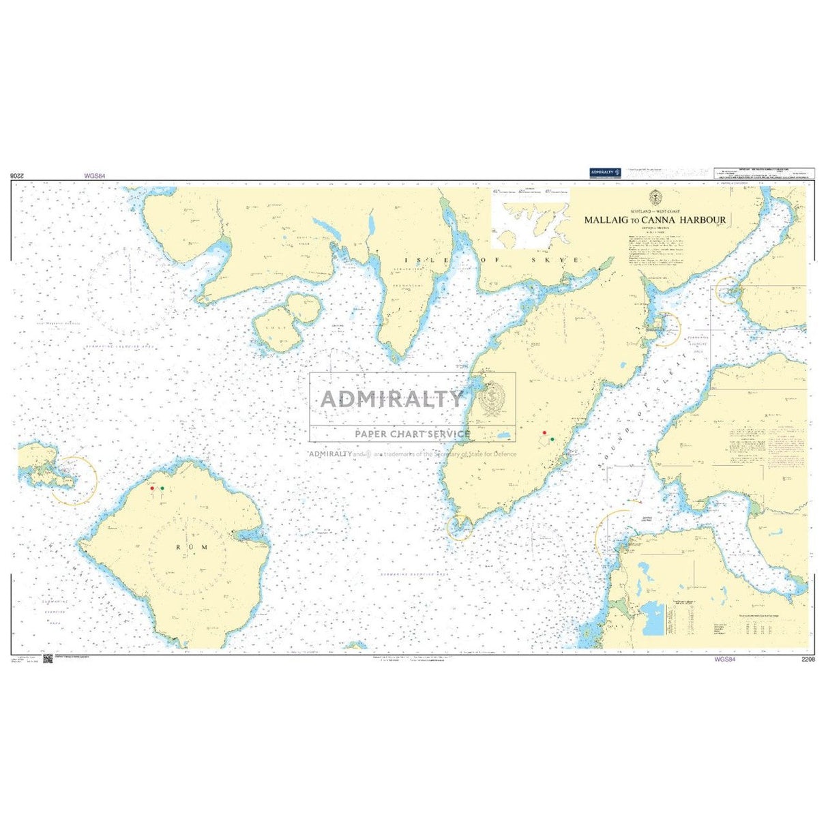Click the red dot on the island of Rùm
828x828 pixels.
coord(151,488)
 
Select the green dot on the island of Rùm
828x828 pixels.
coord(162,488)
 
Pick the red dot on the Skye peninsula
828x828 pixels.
coord(544,432)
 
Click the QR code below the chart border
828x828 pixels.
coord(48,658)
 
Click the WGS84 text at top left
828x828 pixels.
coord(95,176)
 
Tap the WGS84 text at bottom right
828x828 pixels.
coord(725,660)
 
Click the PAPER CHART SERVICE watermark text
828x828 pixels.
coord(412,434)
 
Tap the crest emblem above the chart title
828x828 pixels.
coord(655,198)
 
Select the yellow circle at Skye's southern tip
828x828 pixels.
coord(459,527)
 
